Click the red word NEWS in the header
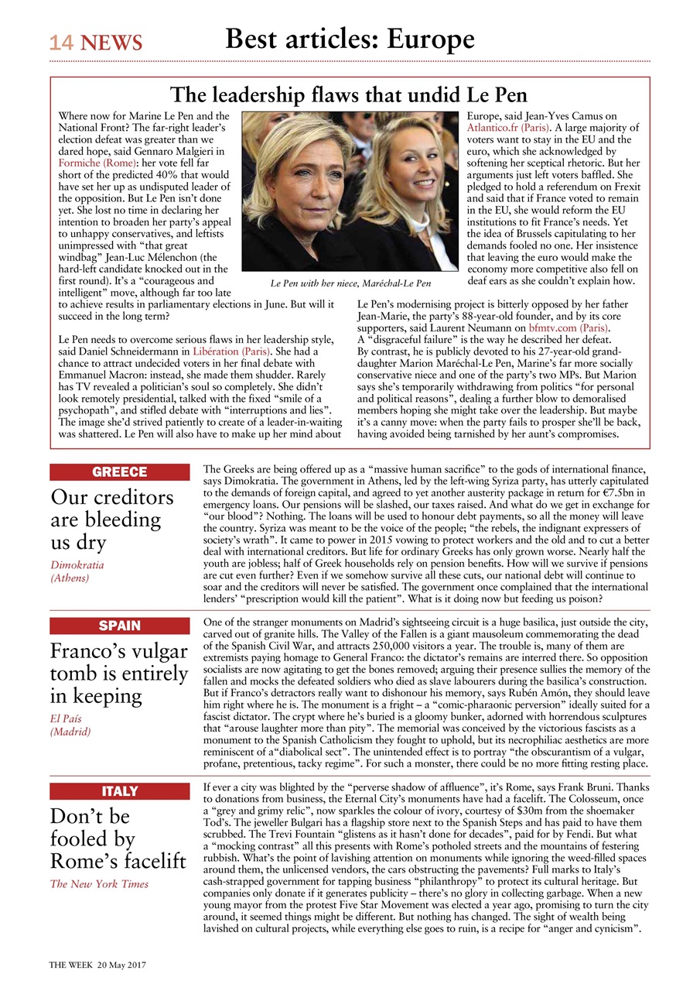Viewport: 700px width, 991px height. [x=111, y=43]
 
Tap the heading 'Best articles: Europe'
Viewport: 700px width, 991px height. [x=350, y=39]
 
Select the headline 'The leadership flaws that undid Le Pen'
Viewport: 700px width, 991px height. [x=349, y=95]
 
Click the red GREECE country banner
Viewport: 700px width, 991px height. [x=119, y=472]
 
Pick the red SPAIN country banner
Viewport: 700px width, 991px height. [x=119, y=626]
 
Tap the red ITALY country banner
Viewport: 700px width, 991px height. [x=119, y=791]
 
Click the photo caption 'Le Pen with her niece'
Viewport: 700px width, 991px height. [x=350, y=284]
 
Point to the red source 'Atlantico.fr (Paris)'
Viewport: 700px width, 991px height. [x=508, y=127]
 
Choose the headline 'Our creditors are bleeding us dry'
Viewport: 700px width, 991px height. [x=112, y=519]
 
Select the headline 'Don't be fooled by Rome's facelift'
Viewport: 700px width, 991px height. [x=118, y=838]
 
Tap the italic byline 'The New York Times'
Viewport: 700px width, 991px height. [x=99, y=884]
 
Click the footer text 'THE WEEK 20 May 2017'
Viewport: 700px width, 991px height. [x=97, y=965]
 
